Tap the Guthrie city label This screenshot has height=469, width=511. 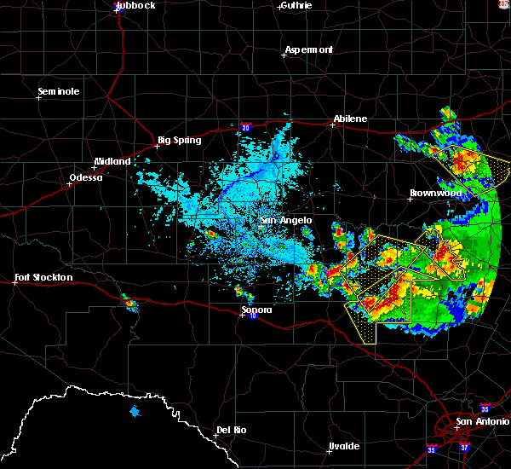[x=296, y=5]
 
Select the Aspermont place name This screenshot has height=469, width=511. [x=309, y=49]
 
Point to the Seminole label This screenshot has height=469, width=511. [x=59, y=91]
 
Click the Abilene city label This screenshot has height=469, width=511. [x=350, y=119]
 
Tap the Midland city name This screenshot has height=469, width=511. [x=112, y=161]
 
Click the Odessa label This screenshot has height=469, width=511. [x=84, y=177]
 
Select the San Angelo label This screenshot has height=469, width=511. [x=285, y=220]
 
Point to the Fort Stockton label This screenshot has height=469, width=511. [x=43, y=277]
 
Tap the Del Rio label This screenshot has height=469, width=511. [x=231, y=430]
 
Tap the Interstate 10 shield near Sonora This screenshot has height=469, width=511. [x=254, y=316]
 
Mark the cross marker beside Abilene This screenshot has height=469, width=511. [x=333, y=124]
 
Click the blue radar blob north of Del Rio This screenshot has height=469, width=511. [x=135, y=413]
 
